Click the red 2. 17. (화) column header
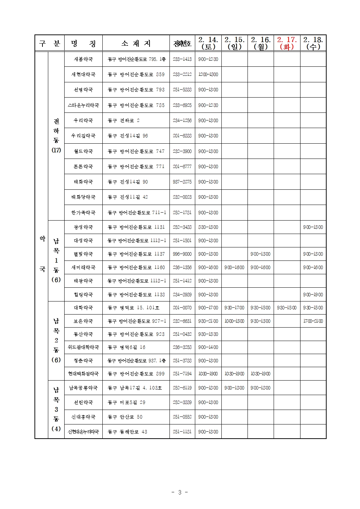[287, 43]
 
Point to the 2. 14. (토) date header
[208, 43]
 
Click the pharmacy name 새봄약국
[83, 59]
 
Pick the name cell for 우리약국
[83, 120]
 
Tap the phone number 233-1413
[182, 59]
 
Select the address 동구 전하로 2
[124, 120]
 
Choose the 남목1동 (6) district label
[56, 260]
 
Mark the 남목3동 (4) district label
[56, 409]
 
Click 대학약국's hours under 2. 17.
[287, 308]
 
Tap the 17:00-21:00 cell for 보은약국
[313, 321]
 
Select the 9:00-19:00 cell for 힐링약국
[313, 295]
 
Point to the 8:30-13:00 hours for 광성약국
[208, 227]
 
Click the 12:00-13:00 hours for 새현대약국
[208, 74]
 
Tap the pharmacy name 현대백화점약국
[83, 374]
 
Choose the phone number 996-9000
[182, 254]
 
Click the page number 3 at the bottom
[180, 492]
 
